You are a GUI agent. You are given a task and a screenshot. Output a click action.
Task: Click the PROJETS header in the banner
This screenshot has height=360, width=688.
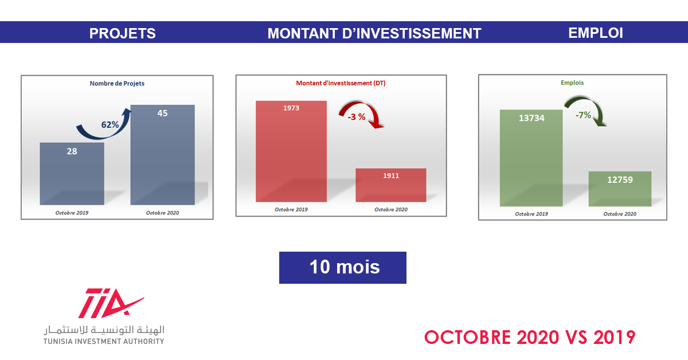(x=122, y=33)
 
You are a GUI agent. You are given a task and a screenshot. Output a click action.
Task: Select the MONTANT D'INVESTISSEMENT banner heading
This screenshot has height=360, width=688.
(x=374, y=33)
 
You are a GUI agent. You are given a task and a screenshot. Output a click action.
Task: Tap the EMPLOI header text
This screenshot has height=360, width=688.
(x=596, y=33)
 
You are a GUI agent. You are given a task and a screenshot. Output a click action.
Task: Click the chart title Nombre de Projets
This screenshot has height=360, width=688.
(x=117, y=83)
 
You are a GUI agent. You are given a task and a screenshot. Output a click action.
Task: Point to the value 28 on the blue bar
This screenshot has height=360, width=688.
(x=72, y=151)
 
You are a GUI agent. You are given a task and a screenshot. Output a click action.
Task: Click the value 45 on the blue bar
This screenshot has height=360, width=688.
(x=162, y=113)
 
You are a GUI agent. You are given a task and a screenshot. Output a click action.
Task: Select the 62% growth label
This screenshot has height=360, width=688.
(x=110, y=124)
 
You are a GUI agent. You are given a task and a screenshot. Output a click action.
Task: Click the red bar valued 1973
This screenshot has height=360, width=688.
(x=291, y=151)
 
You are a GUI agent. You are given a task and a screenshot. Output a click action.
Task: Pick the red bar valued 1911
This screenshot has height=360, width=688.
(x=390, y=185)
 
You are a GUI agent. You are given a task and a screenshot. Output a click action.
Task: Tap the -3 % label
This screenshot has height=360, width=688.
(x=356, y=117)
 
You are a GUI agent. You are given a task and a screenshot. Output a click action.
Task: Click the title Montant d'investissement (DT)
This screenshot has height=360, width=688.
(x=341, y=83)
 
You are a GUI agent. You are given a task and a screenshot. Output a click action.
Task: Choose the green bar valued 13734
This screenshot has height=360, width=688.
(x=531, y=158)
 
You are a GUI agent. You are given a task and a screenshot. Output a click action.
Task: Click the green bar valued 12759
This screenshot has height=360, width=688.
(x=620, y=189)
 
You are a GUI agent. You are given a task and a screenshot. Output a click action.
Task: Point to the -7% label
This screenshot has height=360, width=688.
(x=583, y=115)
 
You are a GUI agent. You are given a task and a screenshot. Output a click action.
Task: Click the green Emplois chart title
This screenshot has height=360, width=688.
(x=572, y=83)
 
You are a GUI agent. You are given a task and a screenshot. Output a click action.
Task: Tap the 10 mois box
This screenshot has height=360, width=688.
(x=343, y=268)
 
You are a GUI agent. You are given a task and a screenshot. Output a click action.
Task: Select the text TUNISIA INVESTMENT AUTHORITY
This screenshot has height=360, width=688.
(x=104, y=341)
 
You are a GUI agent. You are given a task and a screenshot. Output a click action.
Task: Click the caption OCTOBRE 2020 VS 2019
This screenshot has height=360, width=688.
(x=530, y=337)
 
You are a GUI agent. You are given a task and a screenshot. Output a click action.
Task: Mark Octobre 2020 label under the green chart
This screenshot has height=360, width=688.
(x=620, y=214)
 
